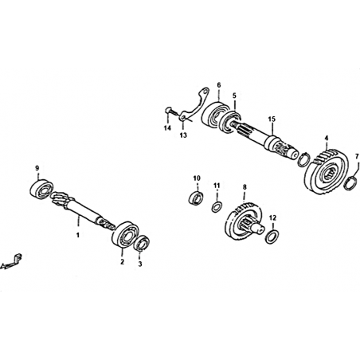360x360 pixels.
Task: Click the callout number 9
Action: coord(37,168)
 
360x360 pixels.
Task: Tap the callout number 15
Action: coord(272,119)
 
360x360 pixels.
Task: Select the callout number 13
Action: coord(183,135)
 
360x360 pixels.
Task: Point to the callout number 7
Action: coord(357,156)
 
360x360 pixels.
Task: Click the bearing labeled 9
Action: coord(41,189)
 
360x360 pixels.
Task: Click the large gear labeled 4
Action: coord(326,172)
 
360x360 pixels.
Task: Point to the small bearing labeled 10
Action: coord(196,198)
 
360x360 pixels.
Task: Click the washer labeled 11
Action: coord(217,207)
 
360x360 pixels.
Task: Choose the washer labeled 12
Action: coord(272,237)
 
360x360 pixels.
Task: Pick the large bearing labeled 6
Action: coord(214,115)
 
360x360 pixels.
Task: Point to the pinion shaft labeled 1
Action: coord(83,210)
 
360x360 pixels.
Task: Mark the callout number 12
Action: coord(272,218)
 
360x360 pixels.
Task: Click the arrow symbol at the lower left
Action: coord(11,262)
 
